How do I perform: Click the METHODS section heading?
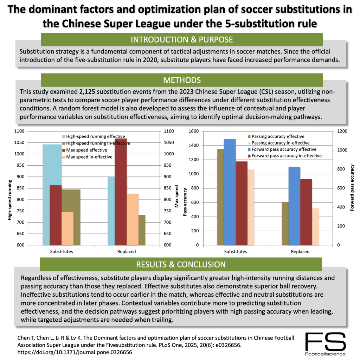(x=182, y=80)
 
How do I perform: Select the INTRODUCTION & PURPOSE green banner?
(x=182, y=39)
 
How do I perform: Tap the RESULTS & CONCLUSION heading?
(x=181, y=264)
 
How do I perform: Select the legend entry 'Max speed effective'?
(x=86, y=150)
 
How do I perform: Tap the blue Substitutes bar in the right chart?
(x=230, y=192)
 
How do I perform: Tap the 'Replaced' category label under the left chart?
(x=126, y=252)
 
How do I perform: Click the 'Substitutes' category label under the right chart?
(x=236, y=252)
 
